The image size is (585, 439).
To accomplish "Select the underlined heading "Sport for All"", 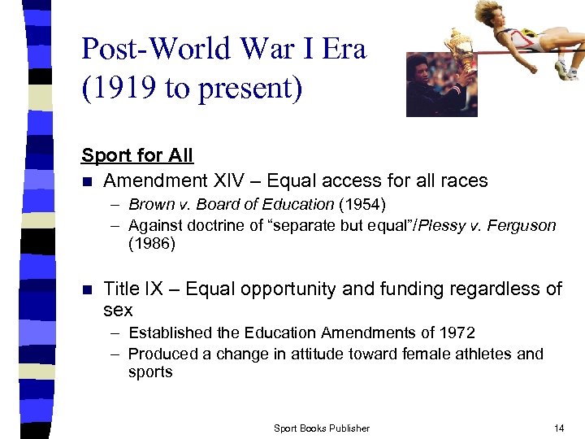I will pos(136,154).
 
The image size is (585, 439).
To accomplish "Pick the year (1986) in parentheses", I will pos(152,244).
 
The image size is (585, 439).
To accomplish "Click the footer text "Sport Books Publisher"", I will pos(322,428).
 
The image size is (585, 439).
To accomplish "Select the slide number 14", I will pos(558,428).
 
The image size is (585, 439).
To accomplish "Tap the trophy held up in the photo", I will pos(461,49).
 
